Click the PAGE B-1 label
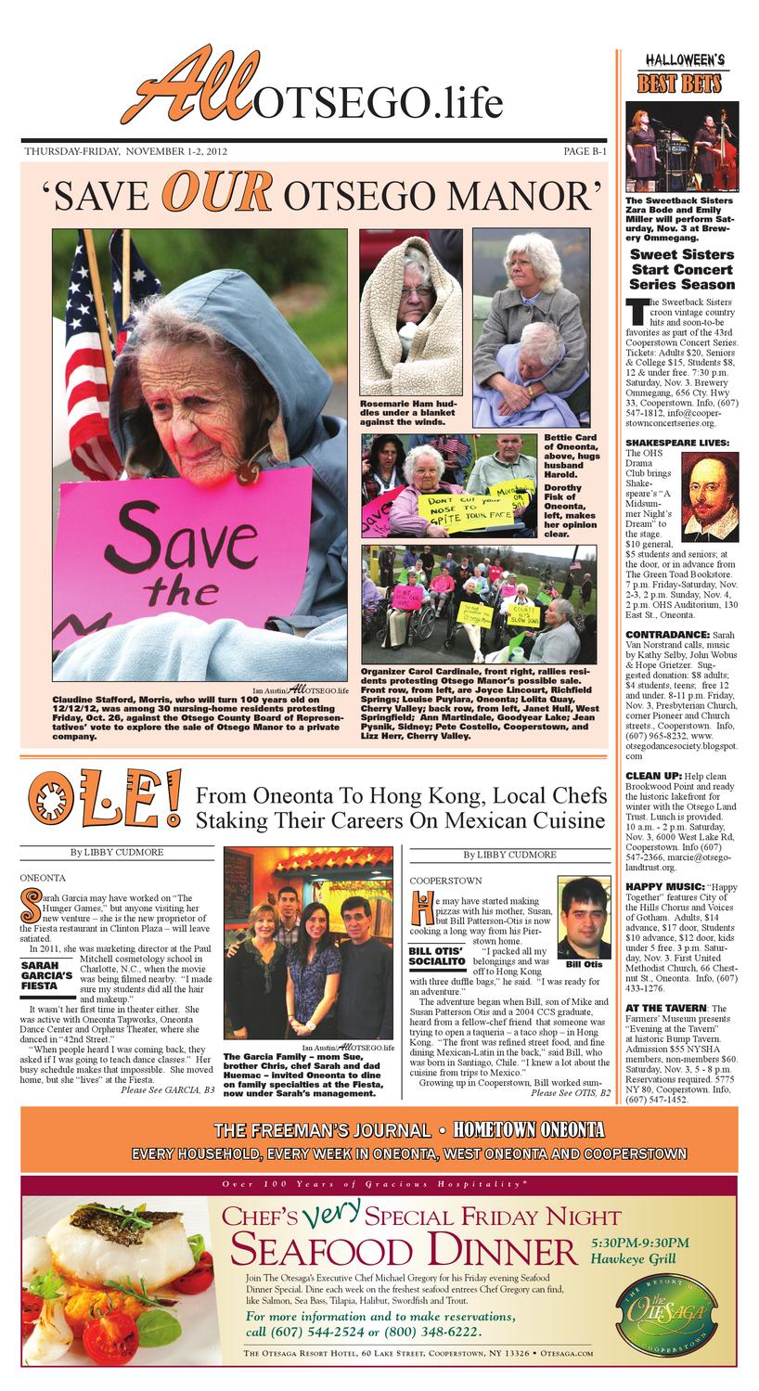coord(585,151)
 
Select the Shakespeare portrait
coord(710,496)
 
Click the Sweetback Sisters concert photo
coord(682,147)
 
